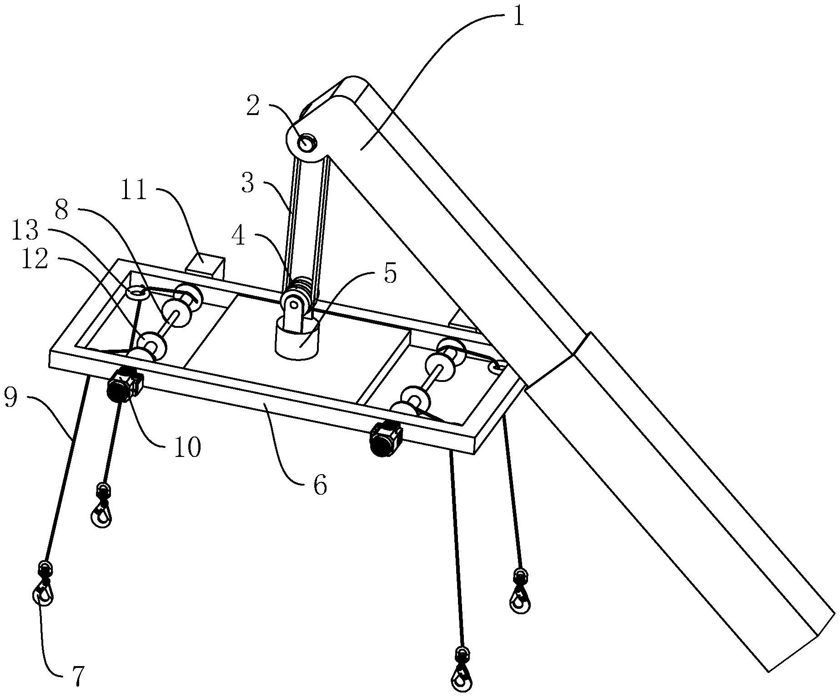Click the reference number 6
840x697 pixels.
point(320,486)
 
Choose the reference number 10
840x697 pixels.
point(187,447)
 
